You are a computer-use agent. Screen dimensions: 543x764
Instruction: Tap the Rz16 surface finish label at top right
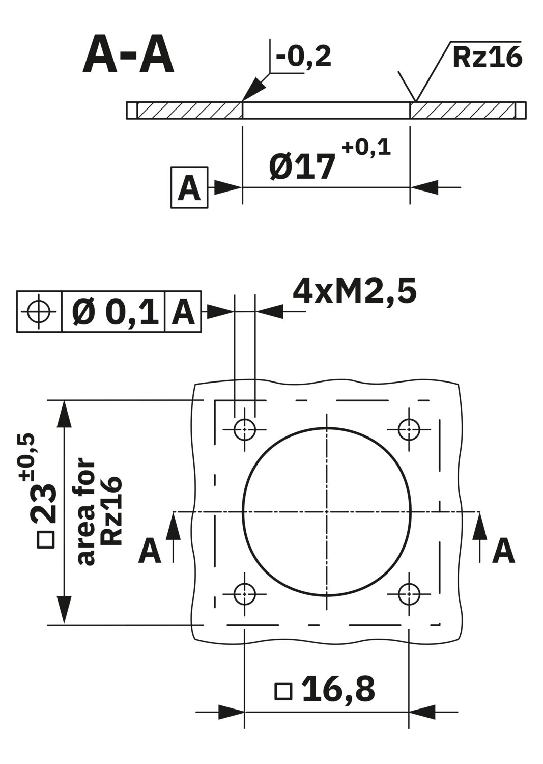(x=487, y=58)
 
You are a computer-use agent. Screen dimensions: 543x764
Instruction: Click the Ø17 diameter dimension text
(x=302, y=166)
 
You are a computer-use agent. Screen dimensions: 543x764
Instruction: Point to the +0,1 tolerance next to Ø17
(x=366, y=148)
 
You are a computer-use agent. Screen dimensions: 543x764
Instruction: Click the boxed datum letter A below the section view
(x=189, y=187)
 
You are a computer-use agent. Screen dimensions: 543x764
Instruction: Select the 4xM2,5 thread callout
(x=355, y=291)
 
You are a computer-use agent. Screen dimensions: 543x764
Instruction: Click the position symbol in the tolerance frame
(x=39, y=311)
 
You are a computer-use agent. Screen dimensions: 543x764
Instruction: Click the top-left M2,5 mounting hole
(x=244, y=429)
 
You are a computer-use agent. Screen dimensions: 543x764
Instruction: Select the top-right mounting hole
(x=409, y=429)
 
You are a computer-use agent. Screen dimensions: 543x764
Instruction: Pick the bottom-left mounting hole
(x=244, y=594)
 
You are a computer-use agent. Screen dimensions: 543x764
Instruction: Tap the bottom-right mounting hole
(x=409, y=594)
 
